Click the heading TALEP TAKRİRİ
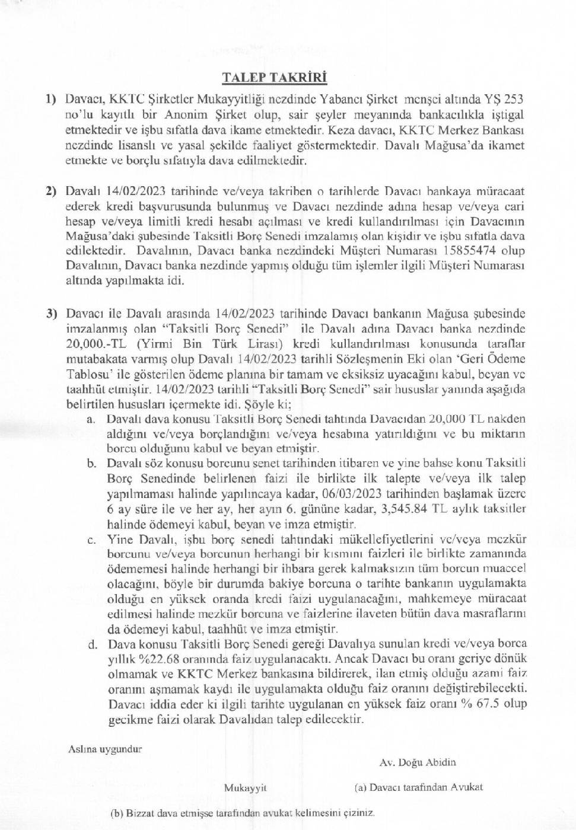274,78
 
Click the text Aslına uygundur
106,749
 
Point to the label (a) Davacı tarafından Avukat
418,787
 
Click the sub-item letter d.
91,644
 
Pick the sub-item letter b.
91,463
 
